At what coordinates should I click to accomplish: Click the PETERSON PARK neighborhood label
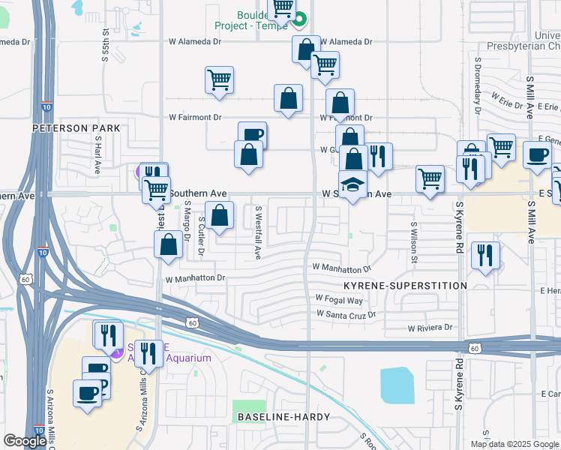click(x=76, y=128)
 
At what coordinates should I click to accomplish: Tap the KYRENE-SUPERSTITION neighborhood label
click(x=405, y=286)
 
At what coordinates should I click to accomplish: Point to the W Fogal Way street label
click(x=339, y=300)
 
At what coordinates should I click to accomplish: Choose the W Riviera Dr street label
click(x=430, y=328)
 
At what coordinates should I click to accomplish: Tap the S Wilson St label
click(x=413, y=241)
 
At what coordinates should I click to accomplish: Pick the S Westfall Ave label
click(x=257, y=233)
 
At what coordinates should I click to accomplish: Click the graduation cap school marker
click(x=352, y=183)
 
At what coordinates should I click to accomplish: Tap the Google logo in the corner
click(x=25, y=441)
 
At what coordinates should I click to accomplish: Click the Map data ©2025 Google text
click(x=514, y=444)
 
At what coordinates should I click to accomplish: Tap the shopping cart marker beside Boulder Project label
click(x=282, y=8)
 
